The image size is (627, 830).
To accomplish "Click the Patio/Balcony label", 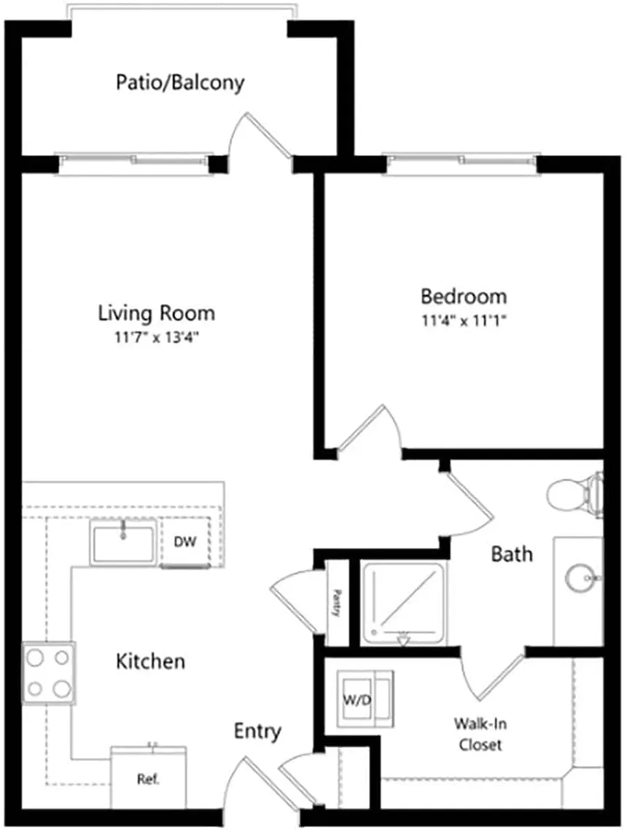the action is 180,83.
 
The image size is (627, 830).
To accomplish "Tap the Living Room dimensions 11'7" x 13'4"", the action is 156,337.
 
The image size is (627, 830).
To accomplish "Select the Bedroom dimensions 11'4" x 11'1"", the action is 463,321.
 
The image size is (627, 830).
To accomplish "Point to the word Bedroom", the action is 464,297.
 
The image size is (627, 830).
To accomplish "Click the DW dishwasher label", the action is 185,541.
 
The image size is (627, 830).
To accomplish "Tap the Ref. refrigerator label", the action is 148,779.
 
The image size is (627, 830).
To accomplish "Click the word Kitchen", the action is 150,662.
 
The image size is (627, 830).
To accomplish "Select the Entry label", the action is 257,732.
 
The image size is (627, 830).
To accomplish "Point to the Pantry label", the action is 336,603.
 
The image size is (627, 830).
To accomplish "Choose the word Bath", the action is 512,555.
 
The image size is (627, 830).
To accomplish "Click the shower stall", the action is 404,603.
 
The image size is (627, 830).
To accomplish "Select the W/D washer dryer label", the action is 357,700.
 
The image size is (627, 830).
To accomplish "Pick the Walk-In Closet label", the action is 480,734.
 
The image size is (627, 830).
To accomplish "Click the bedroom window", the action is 462,157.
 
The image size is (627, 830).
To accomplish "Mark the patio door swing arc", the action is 233,133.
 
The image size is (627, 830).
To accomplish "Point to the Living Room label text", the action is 157,313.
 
